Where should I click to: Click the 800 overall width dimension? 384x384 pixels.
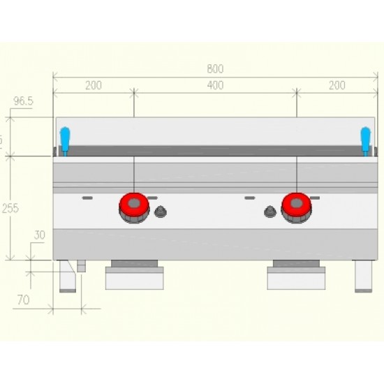215,69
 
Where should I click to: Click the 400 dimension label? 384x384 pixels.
215,85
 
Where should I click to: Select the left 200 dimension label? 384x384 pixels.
94,85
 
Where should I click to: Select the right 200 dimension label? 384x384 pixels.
337,85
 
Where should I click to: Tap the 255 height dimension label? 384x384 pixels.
10,207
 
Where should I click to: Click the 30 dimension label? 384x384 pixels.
39,235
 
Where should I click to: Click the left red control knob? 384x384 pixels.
133,207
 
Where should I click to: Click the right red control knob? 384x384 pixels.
297,207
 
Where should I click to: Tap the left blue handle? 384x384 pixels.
64,138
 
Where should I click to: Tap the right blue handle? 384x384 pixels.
365,138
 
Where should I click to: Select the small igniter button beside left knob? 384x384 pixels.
161,212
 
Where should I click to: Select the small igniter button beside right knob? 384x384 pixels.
269,212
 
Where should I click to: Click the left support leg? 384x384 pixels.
67,276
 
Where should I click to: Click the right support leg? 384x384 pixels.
363,276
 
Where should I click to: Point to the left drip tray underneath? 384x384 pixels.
134,277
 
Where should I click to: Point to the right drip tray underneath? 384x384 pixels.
296,277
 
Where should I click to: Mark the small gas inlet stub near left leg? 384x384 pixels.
81,266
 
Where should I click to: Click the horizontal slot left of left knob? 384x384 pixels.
87,198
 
